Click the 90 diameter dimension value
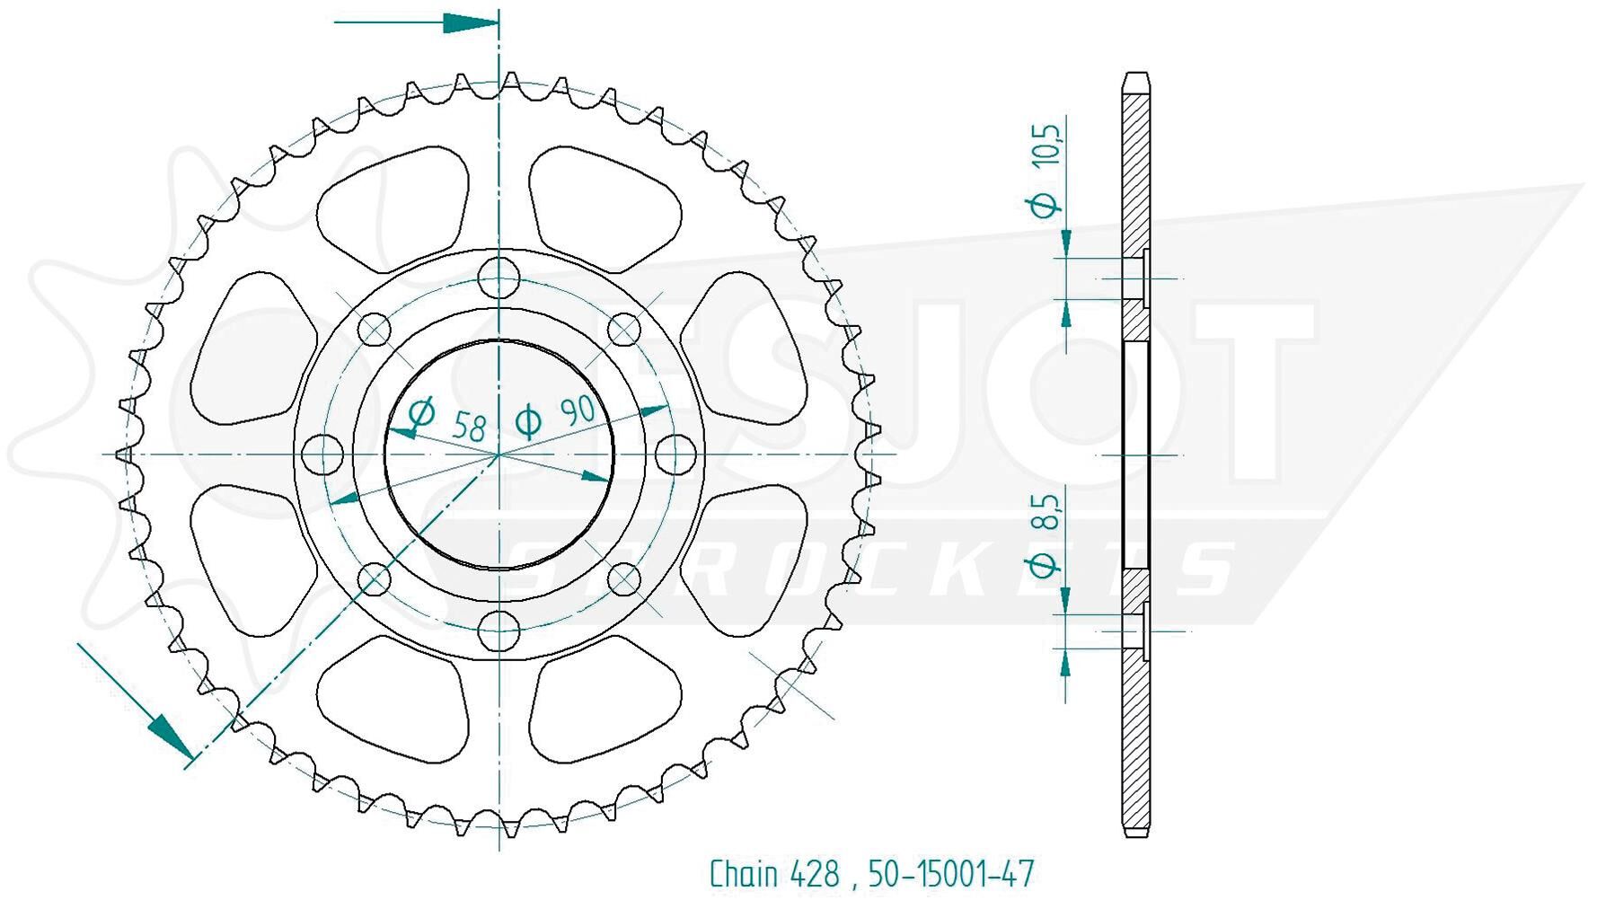point(578,411)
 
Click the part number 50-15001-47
point(951,873)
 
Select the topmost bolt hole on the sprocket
point(499,277)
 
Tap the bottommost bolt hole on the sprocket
point(499,631)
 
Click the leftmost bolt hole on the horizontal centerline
point(322,454)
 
